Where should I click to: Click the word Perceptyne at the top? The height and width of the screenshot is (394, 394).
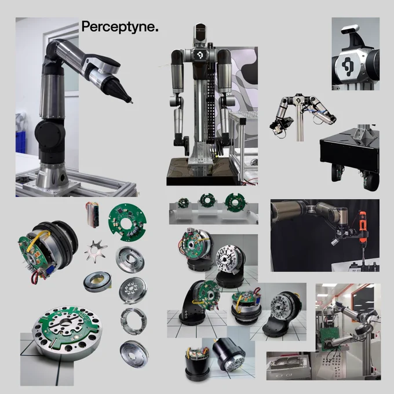[x=118, y=27]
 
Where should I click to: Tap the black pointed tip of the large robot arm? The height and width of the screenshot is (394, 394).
[x=130, y=101]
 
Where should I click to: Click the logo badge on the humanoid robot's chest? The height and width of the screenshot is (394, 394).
[x=200, y=54]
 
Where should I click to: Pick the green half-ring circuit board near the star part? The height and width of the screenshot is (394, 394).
[x=127, y=222]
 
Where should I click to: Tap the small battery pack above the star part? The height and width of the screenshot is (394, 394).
[x=92, y=214]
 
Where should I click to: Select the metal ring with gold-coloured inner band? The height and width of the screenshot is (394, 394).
[x=97, y=282]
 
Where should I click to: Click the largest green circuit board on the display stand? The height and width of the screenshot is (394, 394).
[x=235, y=202]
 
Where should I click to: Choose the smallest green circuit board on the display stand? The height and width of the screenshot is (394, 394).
[x=183, y=203]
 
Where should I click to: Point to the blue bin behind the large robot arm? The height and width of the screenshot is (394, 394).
[x=21, y=142]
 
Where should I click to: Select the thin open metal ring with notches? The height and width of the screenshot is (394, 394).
[x=133, y=321]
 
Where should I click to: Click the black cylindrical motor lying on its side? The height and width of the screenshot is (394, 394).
[x=228, y=355]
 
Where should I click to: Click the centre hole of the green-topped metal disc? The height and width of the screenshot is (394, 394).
[x=67, y=322]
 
